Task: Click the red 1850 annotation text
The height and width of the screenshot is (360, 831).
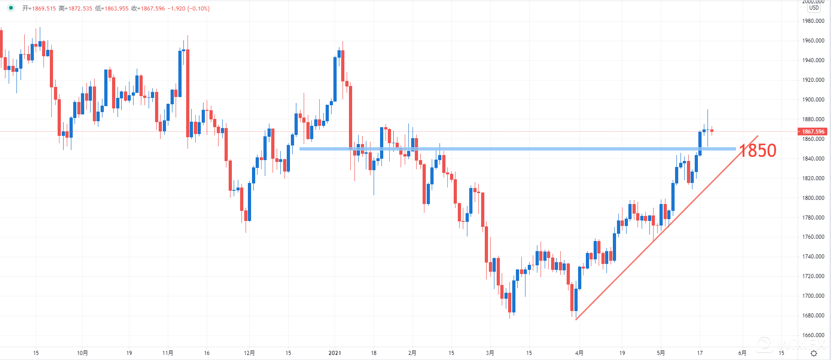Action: pos(758,150)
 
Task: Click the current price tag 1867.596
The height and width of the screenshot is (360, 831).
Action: pos(813,132)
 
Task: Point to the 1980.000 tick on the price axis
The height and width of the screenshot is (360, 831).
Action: pos(813,21)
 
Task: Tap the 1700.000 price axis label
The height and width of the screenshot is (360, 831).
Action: pos(813,296)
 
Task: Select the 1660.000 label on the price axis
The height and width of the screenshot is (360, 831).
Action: pos(813,335)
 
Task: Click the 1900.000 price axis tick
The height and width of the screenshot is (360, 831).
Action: pos(813,100)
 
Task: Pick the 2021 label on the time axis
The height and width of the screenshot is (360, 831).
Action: pos(335,353)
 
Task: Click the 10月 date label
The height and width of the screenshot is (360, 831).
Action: pos(82,353)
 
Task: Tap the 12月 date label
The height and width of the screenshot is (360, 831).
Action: pos(249,353)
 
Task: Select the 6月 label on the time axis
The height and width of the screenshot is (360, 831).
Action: pos(742,353)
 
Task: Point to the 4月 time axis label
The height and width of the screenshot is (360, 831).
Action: pos(579,353)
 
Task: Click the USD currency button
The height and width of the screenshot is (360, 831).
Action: pos(814,8)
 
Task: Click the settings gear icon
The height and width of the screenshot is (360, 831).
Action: pos(814,353)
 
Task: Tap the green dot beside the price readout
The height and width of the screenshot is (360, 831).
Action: pos(11,8)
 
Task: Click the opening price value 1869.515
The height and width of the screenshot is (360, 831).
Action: pos(44,9)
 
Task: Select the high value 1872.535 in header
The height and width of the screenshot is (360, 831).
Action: pos(80,9)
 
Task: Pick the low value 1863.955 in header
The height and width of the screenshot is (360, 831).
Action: pos(117,9)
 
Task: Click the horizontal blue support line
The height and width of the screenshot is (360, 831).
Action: pos(503,149)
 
